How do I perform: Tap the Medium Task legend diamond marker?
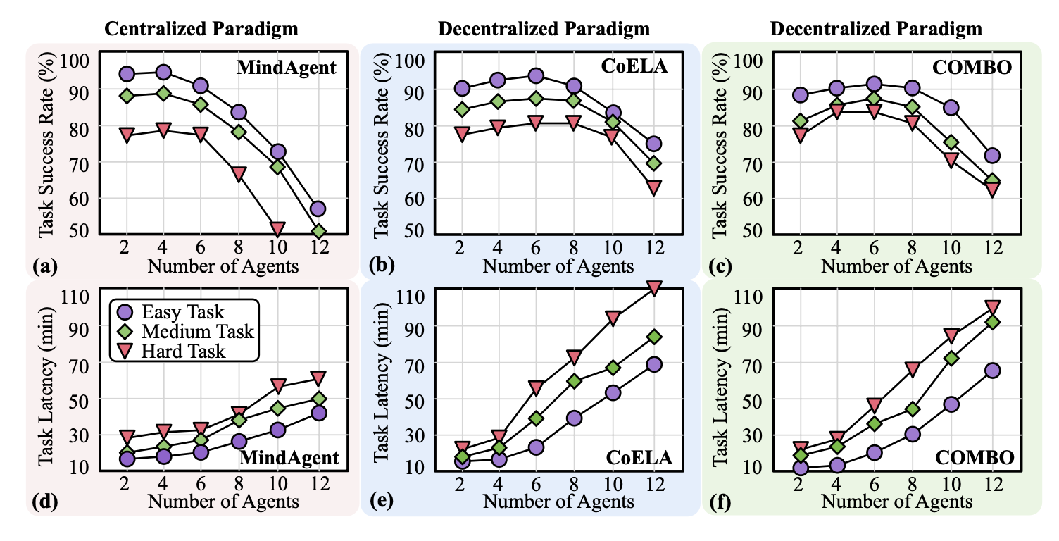(x=125, y=331)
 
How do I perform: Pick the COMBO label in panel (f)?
(x=975, y=458)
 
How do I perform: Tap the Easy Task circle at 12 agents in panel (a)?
(x=318, y=209)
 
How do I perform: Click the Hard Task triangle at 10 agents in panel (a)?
(x=277, y=228)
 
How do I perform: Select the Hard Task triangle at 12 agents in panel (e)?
(x=653, y=288)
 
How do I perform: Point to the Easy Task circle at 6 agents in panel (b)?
(x=536, y=76)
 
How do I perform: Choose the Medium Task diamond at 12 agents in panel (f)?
(x=993, y=322)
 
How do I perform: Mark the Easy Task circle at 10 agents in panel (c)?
(x=951, y=108)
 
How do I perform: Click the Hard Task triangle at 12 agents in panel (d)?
(x=318, y=378)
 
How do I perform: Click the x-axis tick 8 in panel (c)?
(x=913, y=248)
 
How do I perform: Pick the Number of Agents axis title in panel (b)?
(x=559, y=266)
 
